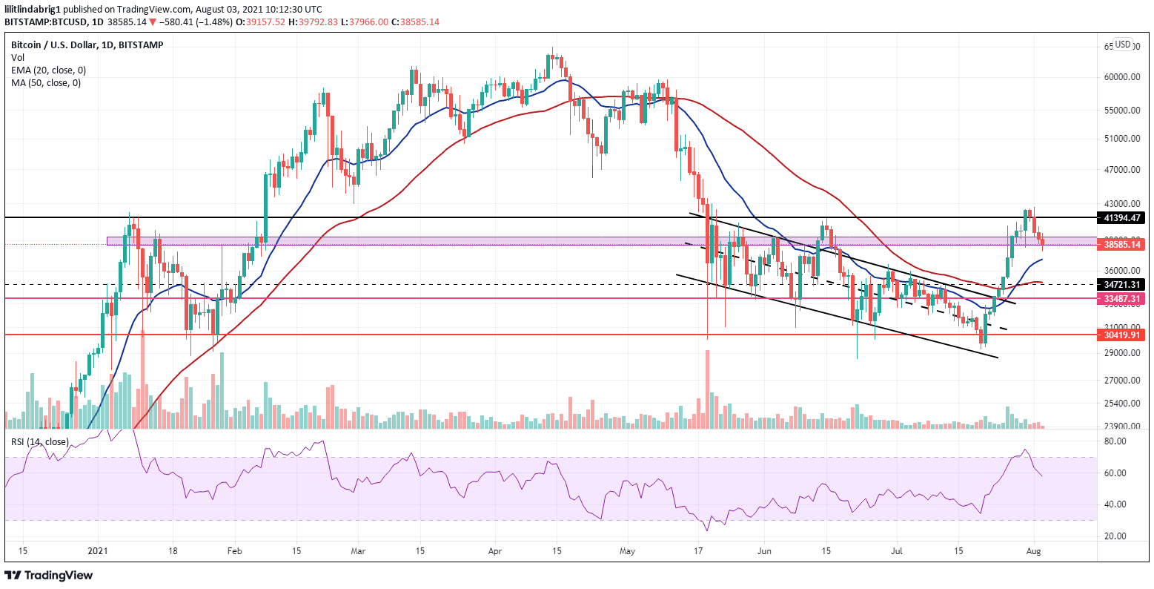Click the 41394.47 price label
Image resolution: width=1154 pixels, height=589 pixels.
(1121, 218)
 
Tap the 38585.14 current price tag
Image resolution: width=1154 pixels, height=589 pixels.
(1121, 244)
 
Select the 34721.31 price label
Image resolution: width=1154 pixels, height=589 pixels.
(1121, 285)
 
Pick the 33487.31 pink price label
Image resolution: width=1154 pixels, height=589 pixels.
(1121, 298)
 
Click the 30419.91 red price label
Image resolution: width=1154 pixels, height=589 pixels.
(1121, 335)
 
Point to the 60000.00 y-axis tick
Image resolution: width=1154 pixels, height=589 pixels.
(1121, 77)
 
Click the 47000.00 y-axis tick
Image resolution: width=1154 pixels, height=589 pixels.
(1121, 170)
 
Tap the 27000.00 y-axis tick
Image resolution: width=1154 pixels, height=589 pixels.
(1121, 381)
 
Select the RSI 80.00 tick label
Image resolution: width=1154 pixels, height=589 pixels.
(1115, 441)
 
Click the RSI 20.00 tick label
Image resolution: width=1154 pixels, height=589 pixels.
(1115, 536)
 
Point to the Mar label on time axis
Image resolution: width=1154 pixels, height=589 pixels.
(358, 552)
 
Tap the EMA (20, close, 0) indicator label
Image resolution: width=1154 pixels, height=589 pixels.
(48, 70)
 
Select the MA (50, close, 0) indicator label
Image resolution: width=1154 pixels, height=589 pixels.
(46, 82)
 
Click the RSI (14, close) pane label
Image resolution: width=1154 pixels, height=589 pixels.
(39, 442)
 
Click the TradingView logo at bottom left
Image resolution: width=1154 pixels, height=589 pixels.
(49, 575)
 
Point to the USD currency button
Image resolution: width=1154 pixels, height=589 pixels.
(1122, 45)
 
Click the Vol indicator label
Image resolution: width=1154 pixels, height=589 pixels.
(18, 57)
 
